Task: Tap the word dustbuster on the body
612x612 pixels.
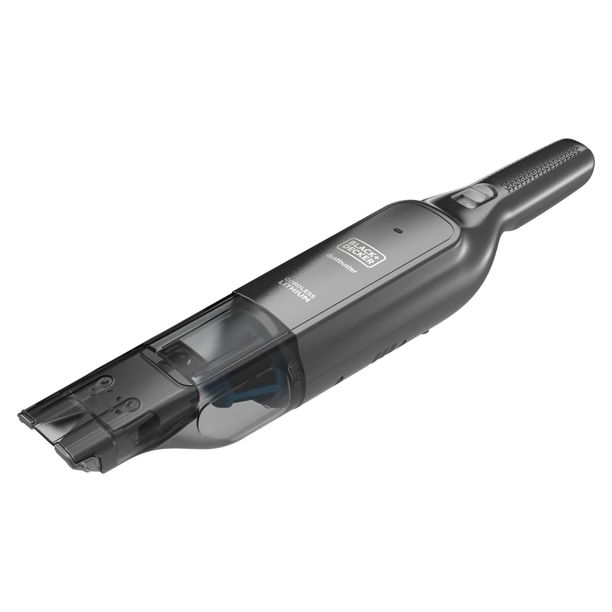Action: point(342,263)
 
